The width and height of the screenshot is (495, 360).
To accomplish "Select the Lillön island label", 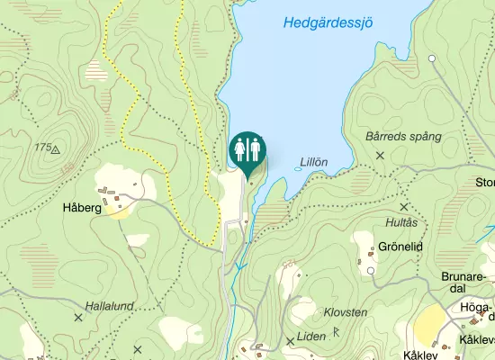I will pyautogui.click(x=313, y=162).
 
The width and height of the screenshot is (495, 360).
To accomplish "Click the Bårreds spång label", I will pyautogui.click(x=404, y=137).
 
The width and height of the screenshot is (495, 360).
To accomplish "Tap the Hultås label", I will pyautogui.click(x=401, y=222).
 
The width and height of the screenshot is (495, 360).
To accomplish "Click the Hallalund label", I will pyautogui.click(x=109, y=306).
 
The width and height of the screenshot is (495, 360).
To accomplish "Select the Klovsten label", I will pyautogui.click(x=345, y=312).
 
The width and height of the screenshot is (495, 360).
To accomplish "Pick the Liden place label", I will pyautogui.click(x=310, y=337).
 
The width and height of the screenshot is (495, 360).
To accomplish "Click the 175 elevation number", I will pyautogui.click(x=42, y=147).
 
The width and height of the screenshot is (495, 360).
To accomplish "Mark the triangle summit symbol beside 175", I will pyautogui.click(x=55, y=149).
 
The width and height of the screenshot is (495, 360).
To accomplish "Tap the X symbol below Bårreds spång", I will pyautogui.click(x=380, y=156).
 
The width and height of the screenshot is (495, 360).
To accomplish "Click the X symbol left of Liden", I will pyautogui.click(x=290, y=341).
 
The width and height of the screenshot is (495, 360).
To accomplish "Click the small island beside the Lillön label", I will pyautogui.click(x=299, y=167).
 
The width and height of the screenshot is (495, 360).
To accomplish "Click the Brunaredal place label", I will pyautogui.click(x=464, y=282).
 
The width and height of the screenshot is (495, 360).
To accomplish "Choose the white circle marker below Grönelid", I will pyautogui.click(x=371, y=270).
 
